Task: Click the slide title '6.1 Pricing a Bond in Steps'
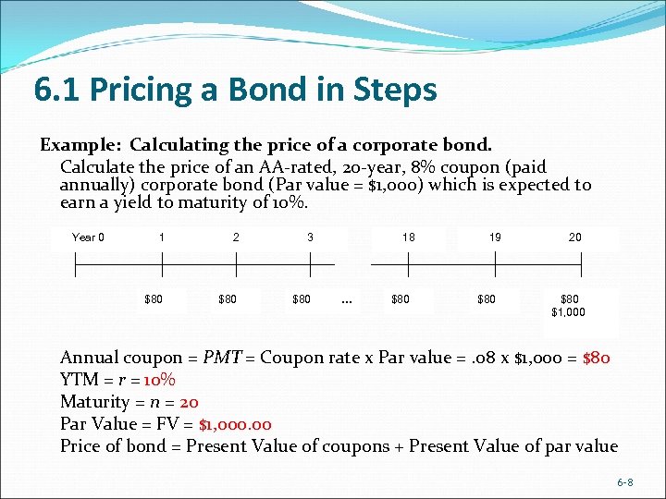tap(235, 91)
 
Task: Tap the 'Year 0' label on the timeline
tap(88, 237)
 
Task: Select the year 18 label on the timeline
tap(408, 237)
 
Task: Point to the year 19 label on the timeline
tap(496, 237)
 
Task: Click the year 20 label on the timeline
tap(575, 237)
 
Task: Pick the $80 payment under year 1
tap(154, 299)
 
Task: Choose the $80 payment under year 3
tap(302, 299)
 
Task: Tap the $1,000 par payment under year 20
tap(568, 312)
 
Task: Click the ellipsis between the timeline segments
tap(346, 299)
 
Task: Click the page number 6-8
tap(625, 483)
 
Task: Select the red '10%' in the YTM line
tap(160, 380)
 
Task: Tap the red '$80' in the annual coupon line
tap(597, 358)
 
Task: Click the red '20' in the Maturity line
tap(189, 402)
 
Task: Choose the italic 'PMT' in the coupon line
tap(222, 358)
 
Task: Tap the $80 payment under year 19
tap(487, 299)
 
